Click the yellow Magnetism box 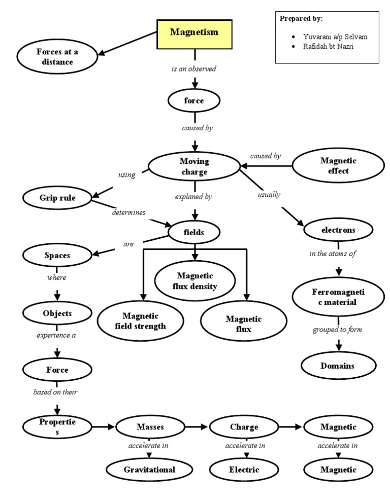point(194,33)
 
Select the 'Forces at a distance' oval point(57,57)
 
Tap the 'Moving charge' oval point(194,167)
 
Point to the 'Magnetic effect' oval point(338,166)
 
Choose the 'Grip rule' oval point(57,198)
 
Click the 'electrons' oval point(338,230)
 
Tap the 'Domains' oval point(338,366)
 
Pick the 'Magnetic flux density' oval point(194,281)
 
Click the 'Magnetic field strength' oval point(144,321)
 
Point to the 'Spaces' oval point(57,256)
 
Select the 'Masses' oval point(150,427)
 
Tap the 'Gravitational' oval point(149,470)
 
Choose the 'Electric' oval point(244,470)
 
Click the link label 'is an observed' point(194,69)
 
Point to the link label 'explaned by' point(194,197)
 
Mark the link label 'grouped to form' point(337,330)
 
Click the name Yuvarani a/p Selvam point(335,37)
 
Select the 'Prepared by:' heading point(301,19)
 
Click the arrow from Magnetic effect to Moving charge point(267,166)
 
